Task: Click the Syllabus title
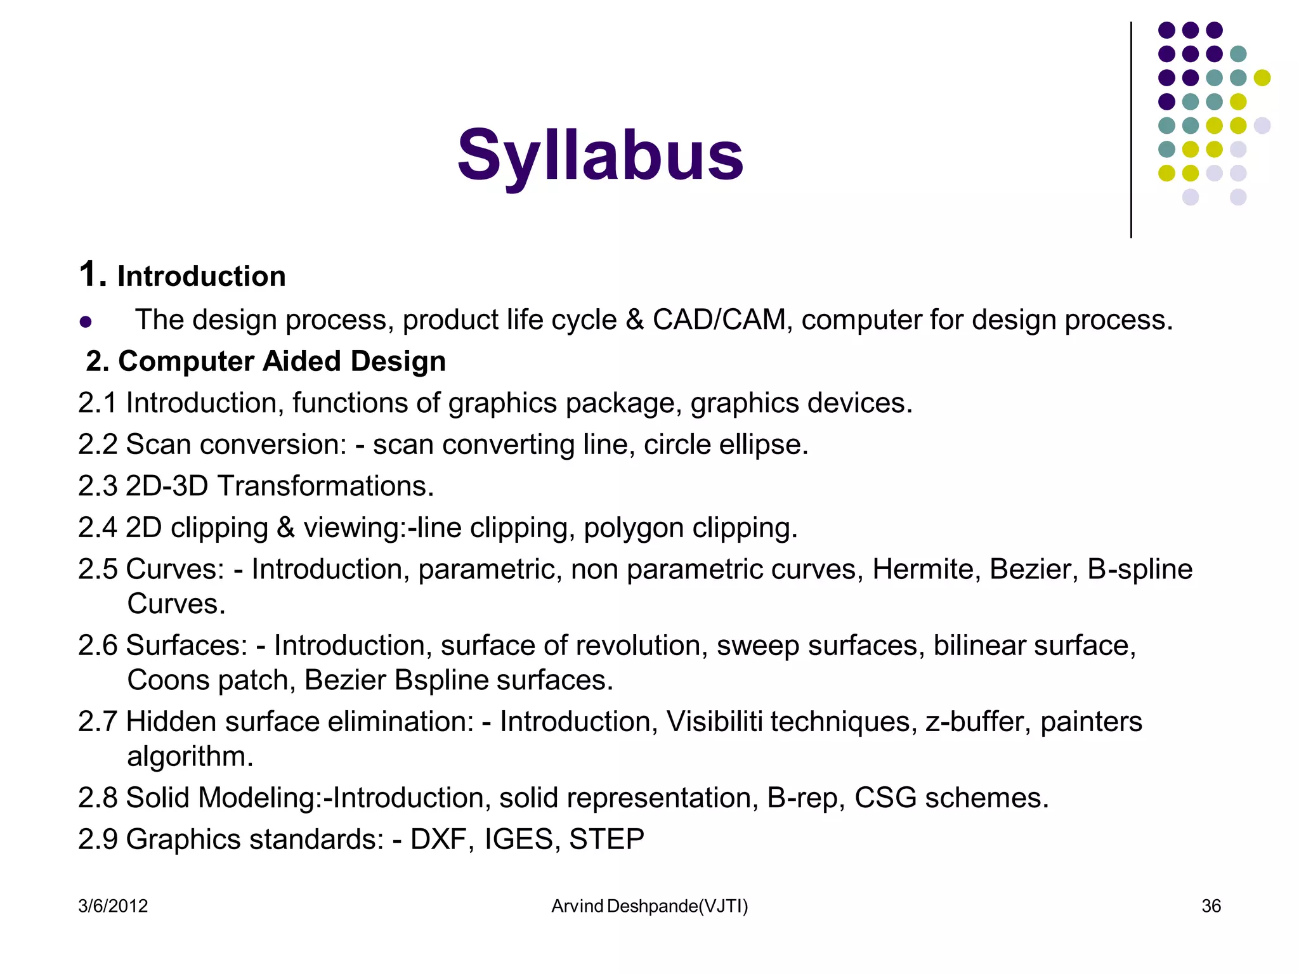pyautogui.click(x=600, y=155)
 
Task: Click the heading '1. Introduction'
pyautogui.click(x=183, y=276)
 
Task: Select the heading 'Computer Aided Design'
pyautogui.click(x=282, y=361)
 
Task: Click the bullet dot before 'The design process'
pyautogui.click(x=86, y=321)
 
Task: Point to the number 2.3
pyautogui.click(x=98, y=486)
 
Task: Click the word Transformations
pyautogui.click(x=325, y=486)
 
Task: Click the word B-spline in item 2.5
pyautogui.click(x=1140, y=569)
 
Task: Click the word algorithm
pyautogui.click(x=190, y=756)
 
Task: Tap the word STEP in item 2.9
pyautogui.click(x=606, y=839)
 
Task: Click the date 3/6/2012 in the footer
pyautogui.click(x=113, y=906)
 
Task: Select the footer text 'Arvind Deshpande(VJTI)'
pyautogui.click(x=649, y=906)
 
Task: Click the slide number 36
pyautogui.click(x=1211, y=906)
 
